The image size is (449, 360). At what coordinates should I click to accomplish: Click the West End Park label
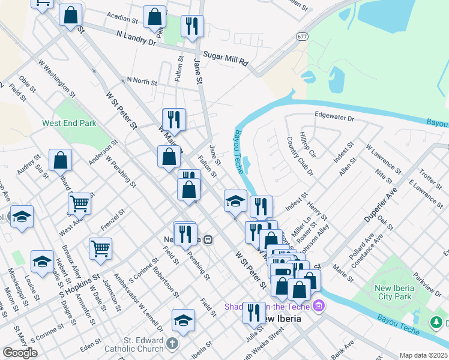[69, 123]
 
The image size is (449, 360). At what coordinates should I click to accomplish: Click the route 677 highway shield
[302, 36]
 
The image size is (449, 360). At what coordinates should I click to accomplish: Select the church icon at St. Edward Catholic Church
[173, 344]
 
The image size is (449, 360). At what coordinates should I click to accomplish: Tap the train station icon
[208, 239]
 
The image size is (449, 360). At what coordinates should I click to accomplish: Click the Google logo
[20, 352]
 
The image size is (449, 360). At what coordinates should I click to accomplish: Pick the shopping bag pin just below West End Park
[60, 160]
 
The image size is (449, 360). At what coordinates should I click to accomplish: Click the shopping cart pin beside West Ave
[80, 203]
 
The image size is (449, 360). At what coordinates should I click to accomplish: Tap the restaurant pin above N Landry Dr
[192, 26]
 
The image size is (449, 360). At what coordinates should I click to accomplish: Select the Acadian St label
[122, 19]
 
